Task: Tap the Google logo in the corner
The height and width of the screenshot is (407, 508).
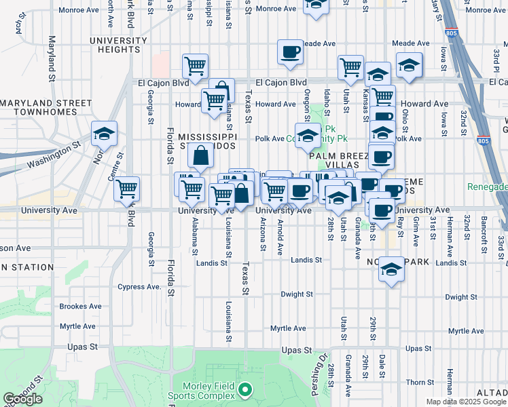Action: [22, 399]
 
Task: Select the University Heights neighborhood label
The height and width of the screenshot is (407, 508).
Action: [118, 45]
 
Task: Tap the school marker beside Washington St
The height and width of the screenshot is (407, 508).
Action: [104, 134]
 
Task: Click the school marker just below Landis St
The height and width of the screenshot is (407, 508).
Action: [391, 269]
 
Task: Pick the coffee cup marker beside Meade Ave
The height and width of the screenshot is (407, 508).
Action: [290, 52]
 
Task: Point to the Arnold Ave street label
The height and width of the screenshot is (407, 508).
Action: [280, 237]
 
